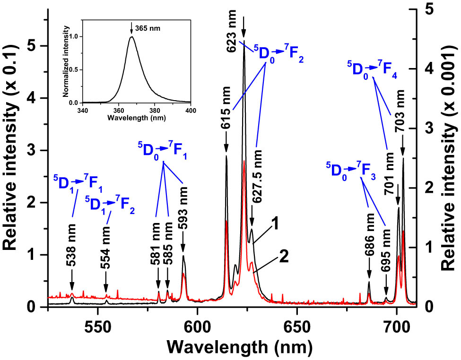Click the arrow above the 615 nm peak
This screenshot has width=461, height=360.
[226, 144]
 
